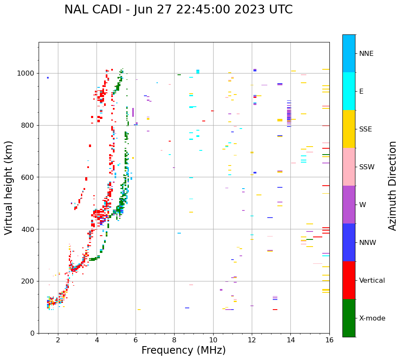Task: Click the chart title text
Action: [178, 10]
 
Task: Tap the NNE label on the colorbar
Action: [366, 54]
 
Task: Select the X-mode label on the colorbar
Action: [372, 318]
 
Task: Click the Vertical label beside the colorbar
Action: [372, 281]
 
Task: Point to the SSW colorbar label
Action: [367, 167]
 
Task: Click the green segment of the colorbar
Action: [349, 318]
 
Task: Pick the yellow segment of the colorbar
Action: [349, 129]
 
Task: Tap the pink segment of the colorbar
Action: [349, 167]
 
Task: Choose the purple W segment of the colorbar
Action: [349, 205]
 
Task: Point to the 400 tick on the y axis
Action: [29, 229]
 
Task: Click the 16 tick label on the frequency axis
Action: [329, 340]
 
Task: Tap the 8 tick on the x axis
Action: [174, 340]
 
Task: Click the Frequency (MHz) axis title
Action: [183, 350]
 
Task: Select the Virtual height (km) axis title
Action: [9, 188]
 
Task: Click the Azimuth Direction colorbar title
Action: [392, 186]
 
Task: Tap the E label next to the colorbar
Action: [362, 92]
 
